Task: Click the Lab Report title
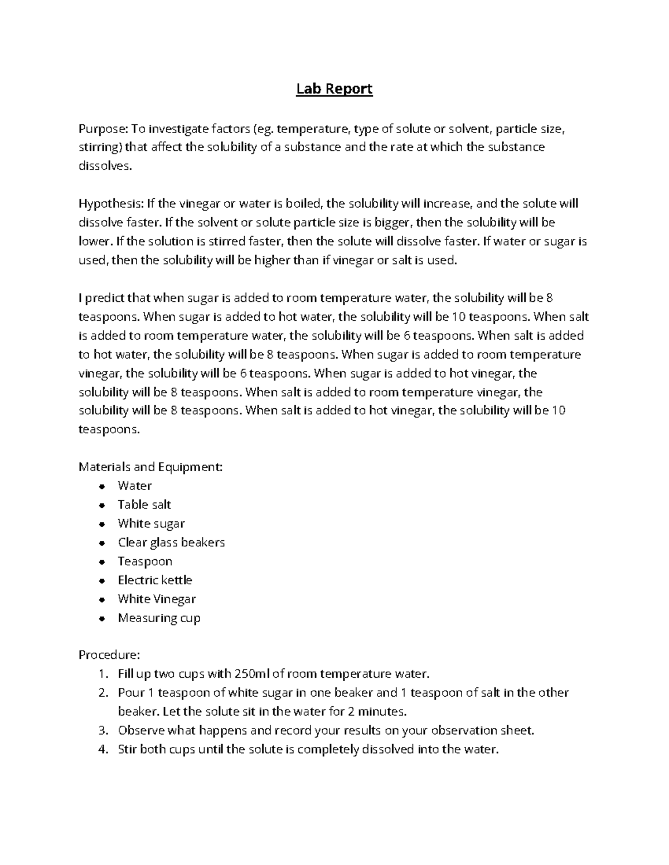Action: [x=334, y=89]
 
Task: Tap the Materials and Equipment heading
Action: [x=151, y=467]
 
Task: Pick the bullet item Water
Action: [x=134, y=486]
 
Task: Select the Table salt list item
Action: [x=144, y=505]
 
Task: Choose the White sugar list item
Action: [x=151, y=524]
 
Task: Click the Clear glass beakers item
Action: [x=171, y=543]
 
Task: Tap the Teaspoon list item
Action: [x=145, y=561]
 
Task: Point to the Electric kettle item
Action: [x=155, y=580]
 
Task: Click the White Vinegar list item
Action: [x=157, y=599]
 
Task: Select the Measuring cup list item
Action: [x=159, y=618]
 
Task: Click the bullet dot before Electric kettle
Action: [x=101, y=581]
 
